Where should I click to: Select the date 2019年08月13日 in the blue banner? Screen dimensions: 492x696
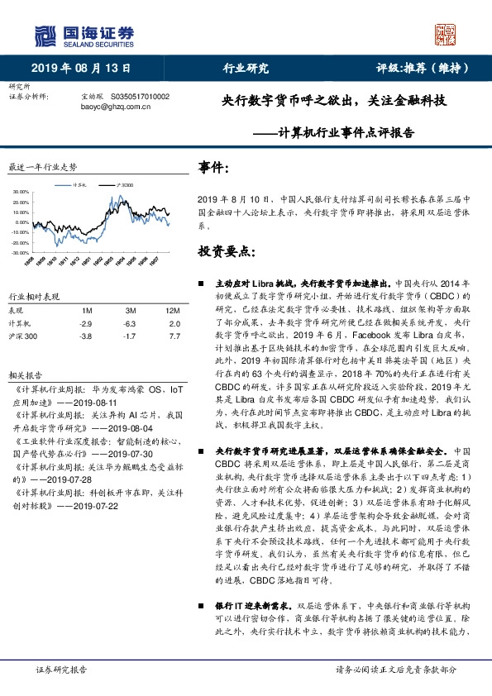pos(81,69)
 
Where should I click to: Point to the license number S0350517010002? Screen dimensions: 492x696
pos(139,97)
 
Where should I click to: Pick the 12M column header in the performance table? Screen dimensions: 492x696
pos(172,310)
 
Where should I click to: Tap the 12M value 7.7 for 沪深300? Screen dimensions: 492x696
pos(173,337)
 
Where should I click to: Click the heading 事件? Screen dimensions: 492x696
pos(214,169)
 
